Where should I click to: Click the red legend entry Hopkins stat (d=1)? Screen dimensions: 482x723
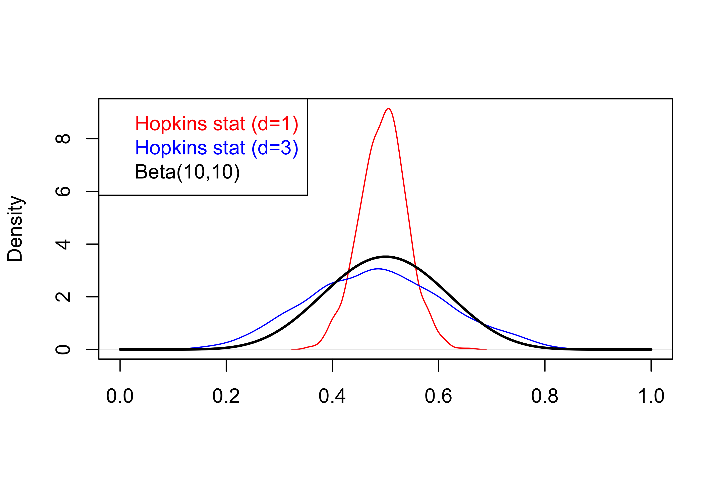216,124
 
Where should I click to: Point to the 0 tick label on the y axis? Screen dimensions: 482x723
63,349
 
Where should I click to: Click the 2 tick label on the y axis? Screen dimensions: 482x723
63,297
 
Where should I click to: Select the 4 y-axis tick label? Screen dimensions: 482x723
63,244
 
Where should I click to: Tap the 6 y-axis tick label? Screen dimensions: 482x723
63,192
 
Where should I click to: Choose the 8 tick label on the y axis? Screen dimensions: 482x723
63,139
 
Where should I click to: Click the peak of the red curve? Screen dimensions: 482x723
389,108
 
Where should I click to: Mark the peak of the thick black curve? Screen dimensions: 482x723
386,256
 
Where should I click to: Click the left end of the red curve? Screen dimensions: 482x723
292,349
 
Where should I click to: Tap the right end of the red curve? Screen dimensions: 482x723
486,349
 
